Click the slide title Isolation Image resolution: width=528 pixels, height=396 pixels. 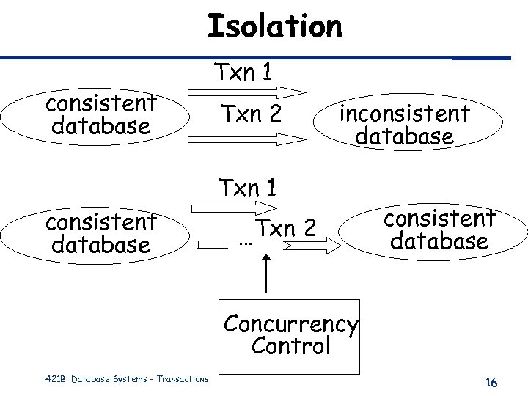(x=274, y=27)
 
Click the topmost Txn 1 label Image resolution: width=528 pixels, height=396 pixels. (x=244, y=72)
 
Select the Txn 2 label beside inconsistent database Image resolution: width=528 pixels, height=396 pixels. (x=252, y=114)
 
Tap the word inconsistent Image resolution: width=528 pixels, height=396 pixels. (x=404, y=114)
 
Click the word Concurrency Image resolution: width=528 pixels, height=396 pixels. (x=290, y=323)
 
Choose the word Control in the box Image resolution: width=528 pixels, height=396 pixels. (x=290, y=346)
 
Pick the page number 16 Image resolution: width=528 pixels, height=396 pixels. (x=491, y=383)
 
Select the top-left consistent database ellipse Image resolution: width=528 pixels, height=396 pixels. (x=100, y=115)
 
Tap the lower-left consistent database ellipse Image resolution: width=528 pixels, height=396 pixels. (x=100, y=232)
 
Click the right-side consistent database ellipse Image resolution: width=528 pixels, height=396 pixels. (x=439, y=230)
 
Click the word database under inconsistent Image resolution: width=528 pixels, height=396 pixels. (x=404, y=136)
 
